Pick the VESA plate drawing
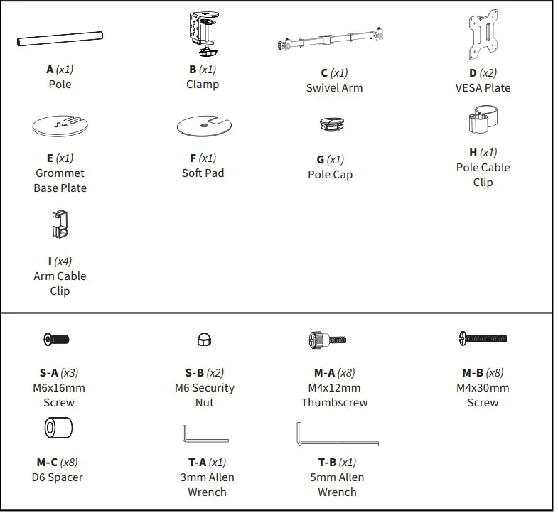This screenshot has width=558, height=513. (482, 36)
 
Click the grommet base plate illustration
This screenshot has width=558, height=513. (63, 126)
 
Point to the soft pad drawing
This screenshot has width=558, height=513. (205, 126)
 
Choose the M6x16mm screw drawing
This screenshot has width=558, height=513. (56, 339)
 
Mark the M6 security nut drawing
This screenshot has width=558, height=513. (203, 340)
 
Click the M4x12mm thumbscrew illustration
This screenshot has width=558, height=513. (328, 340)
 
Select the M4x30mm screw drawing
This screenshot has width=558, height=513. (483, 339)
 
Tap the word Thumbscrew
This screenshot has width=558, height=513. (334, 403)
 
